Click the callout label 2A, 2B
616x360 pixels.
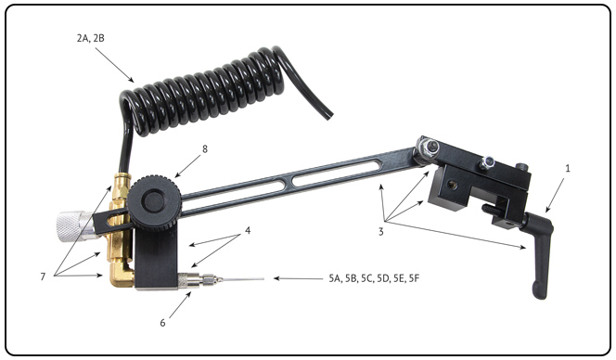coord(91,38)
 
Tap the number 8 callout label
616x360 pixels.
coord(205,149)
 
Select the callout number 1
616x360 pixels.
coord(568,168)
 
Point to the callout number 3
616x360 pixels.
coord(380,231)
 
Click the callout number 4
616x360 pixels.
coord(248,230)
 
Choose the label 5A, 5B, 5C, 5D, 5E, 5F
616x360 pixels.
coord(374,278)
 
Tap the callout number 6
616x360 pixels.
coord(162,323)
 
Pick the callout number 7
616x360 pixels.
coord(43,276)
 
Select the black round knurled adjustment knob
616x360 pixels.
coord(154,201)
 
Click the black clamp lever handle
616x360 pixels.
coord(541,251)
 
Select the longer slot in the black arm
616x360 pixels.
coord(336,173)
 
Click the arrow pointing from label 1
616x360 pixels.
coord(555,196)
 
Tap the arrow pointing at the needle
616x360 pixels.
coord(298,278)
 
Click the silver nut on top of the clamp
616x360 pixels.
coord(487,162)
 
